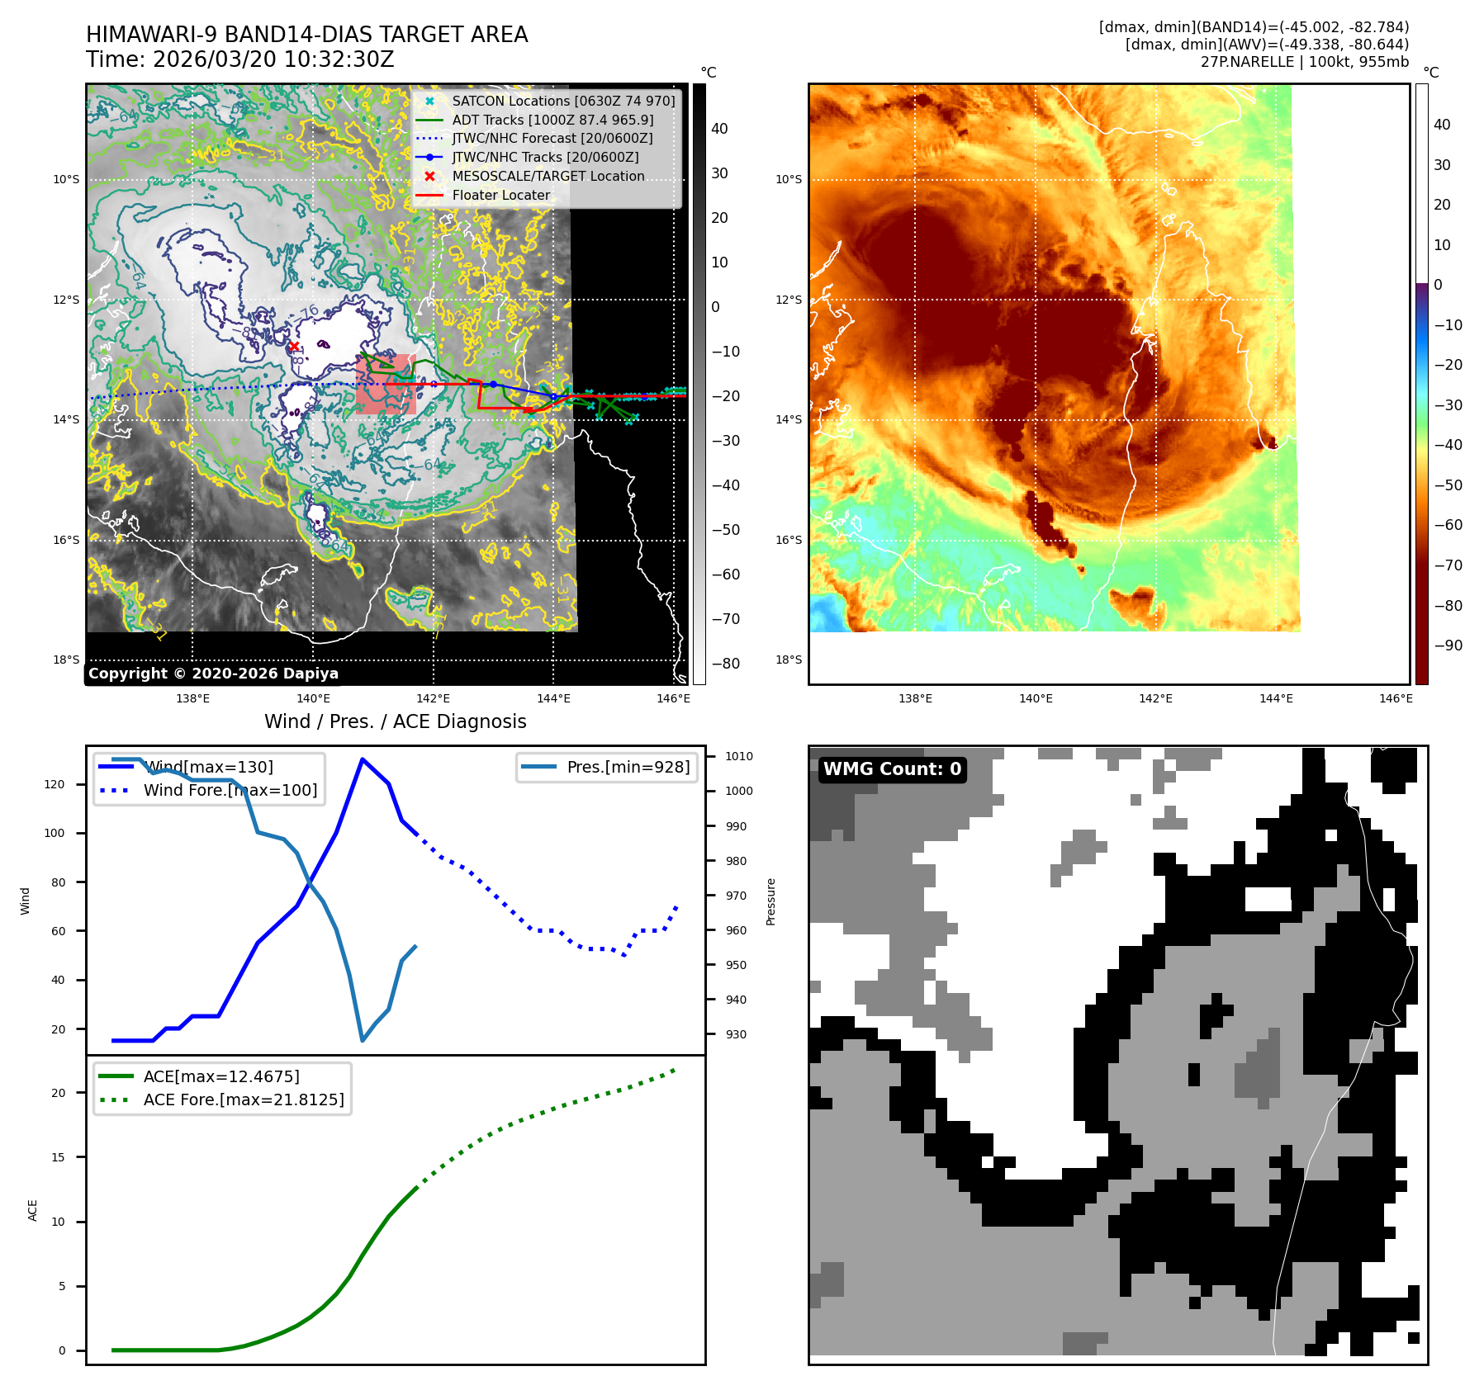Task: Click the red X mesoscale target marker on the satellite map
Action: pyautogui.click(x=294, y=346)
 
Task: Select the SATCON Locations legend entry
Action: pyautogui.click(x=563, y=101)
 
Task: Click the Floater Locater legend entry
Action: pyautogui.click(x=500, y=196)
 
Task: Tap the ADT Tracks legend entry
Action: pyautogui.click(x=552, y=120)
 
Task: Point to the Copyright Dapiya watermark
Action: pyautogui.click(x=213, y=674)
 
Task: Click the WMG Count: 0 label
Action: pyautogui.click(x=892, y=769)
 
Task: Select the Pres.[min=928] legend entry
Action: pyautogui.click(x=628, y=767)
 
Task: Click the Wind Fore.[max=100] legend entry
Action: pyautogui.click(x=230, y=790)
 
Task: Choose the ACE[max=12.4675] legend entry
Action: pyautogui.click(x=220, y=1076)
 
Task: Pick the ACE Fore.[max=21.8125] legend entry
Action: pyautogui.click(x=243, y=1099)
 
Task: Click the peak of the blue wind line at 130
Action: pyautogui.click(x=362, y=759)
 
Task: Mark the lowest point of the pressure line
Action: pyautogui.click(x=363, y=1040)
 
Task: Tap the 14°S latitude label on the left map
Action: pyautogui.click(x=67, y=420)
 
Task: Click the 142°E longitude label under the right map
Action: pyautogui.click(x=1155, y=699)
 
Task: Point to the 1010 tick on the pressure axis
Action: pyautogui.click(x=738, y=756)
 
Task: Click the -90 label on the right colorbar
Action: pyautogui.click(x=1448, y=645)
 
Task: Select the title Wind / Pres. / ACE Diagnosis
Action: pyautogui.click(x=395, y=721)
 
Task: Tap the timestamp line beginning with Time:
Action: pyautogui.click(x=239, y=60)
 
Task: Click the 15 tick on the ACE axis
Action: pyautogui.click(x=58, y=1157)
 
